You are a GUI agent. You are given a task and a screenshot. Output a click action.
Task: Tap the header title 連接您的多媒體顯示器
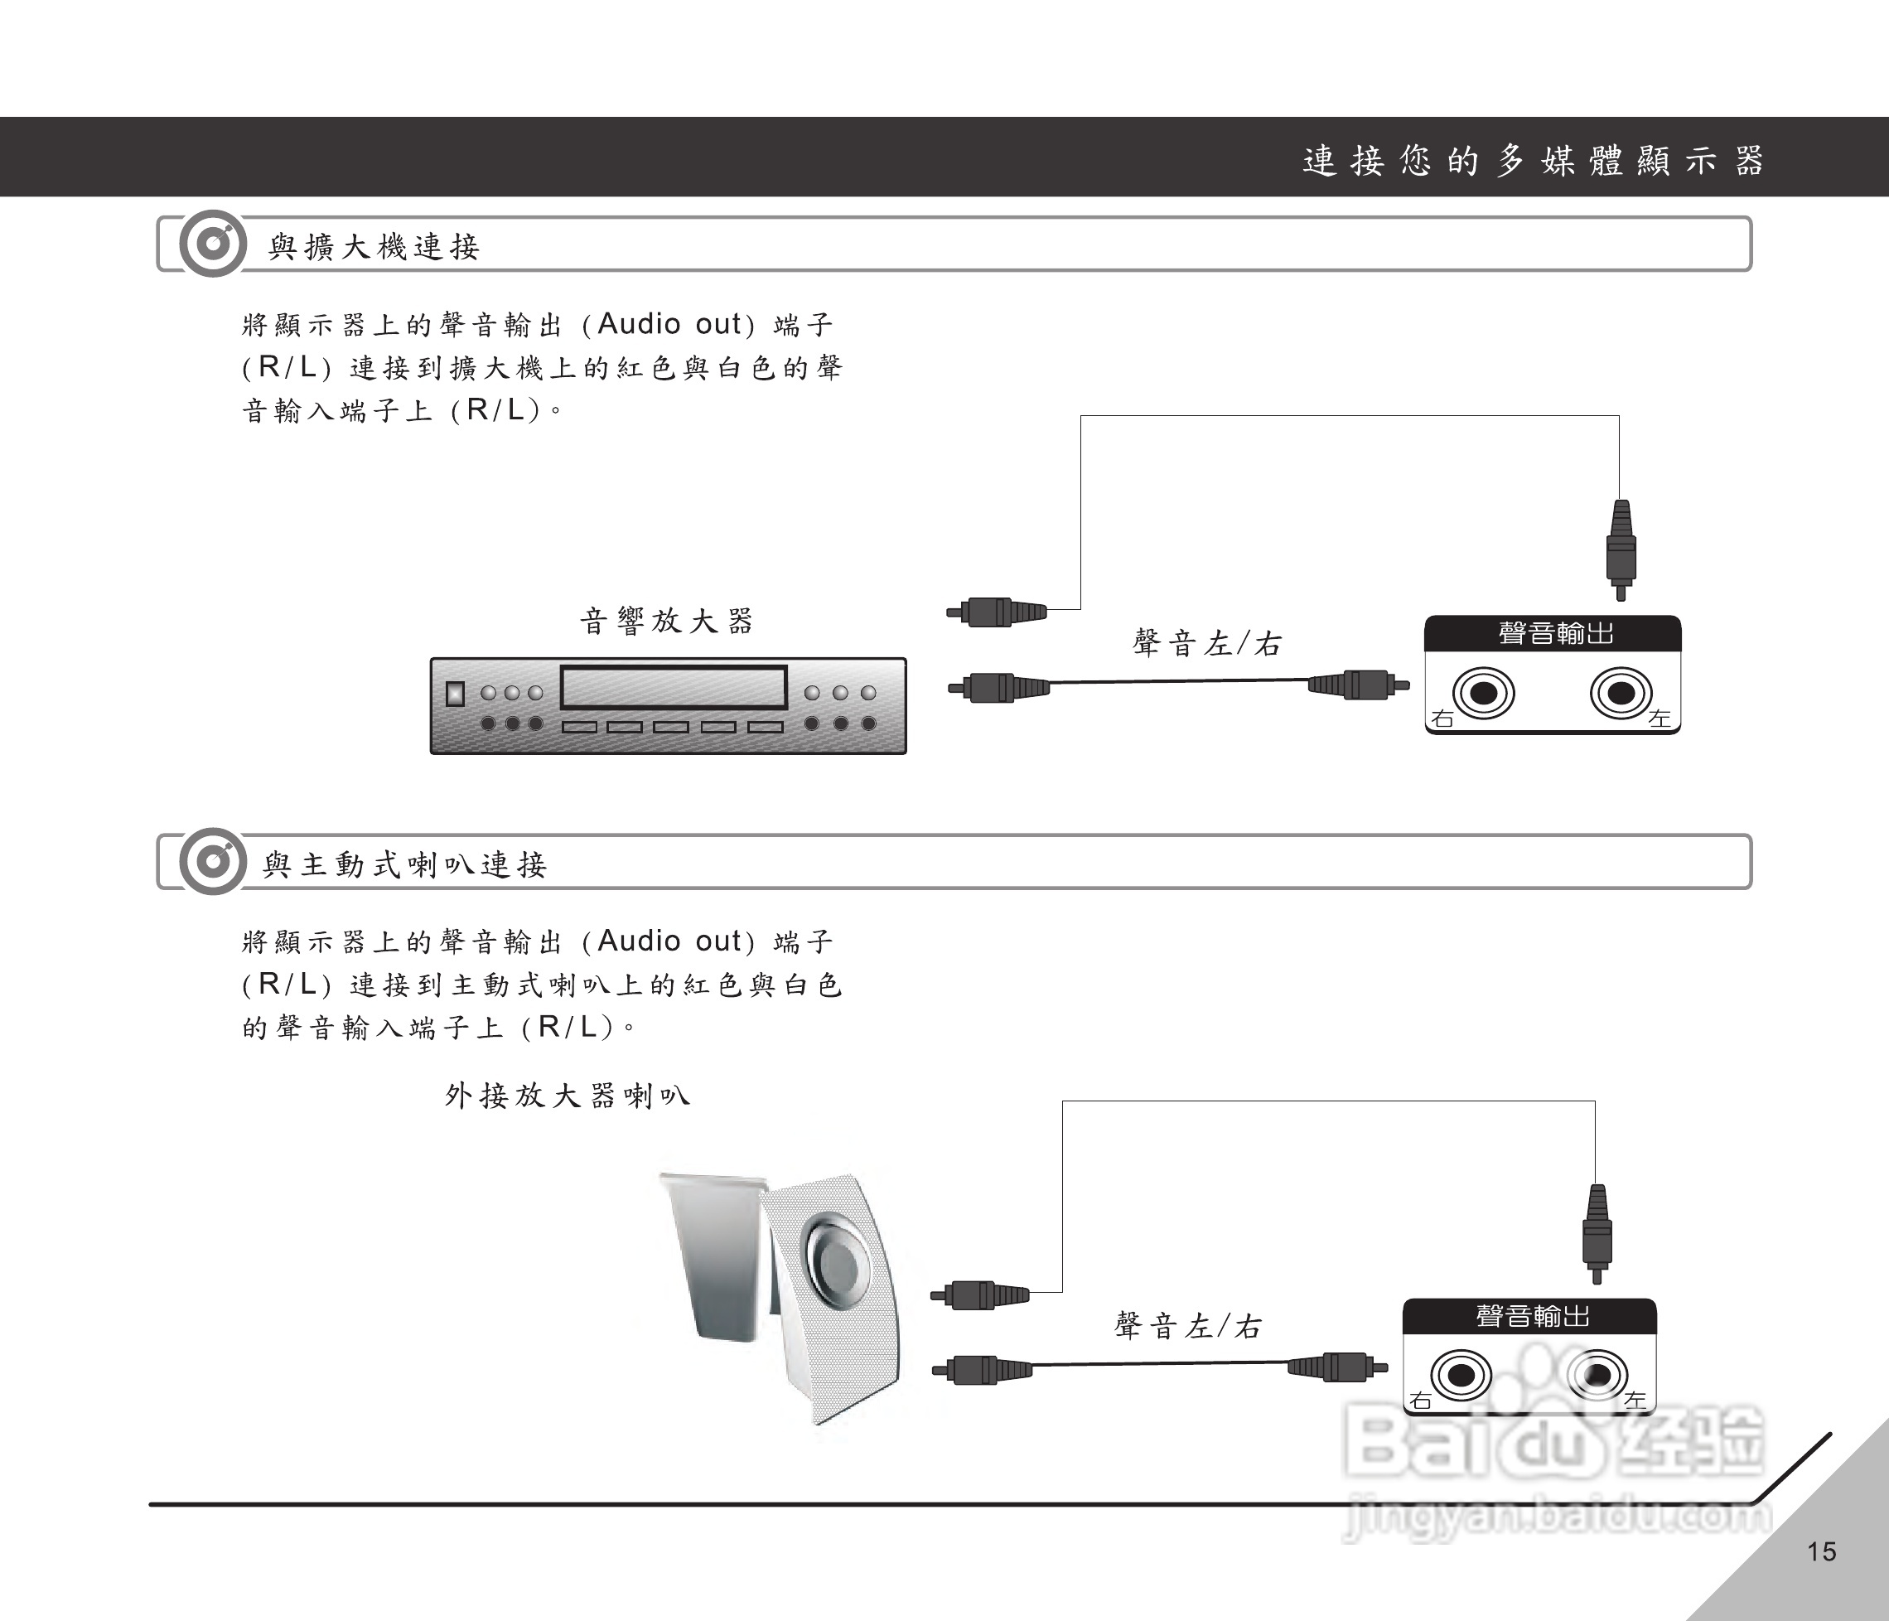tap(1533, 161)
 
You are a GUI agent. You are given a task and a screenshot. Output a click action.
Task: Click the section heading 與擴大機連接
tap(374, 246)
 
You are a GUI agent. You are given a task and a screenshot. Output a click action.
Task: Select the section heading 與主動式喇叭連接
tap(405, 864)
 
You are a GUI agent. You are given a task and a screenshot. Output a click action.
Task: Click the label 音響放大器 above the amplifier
tap(666, 622)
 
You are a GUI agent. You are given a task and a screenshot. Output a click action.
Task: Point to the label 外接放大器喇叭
tap(567, 1095)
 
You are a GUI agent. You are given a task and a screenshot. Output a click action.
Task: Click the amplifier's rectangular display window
tap(673, 687)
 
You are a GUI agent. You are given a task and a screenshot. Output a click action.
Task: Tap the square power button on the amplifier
tap(455, 694)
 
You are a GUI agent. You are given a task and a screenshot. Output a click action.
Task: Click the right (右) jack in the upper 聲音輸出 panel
tap(1483, 693)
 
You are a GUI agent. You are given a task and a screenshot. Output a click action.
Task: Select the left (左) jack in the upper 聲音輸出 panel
tap(1620, 693)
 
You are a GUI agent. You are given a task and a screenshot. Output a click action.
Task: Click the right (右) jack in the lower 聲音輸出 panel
tap(1461, 1375)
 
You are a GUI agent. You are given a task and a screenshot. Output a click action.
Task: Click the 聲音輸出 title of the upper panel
tap(1555, 632)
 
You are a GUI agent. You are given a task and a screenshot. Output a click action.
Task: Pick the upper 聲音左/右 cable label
tap(1207, 644)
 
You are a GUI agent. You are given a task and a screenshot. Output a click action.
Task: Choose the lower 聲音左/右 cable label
tap(1188, 1326)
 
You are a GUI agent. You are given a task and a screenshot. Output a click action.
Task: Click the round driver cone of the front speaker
tap(834, 1262)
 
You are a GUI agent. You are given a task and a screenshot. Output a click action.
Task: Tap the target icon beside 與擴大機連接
tap(212, 244)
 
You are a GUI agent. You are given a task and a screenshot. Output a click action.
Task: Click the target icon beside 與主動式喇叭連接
tap(212, 862)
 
